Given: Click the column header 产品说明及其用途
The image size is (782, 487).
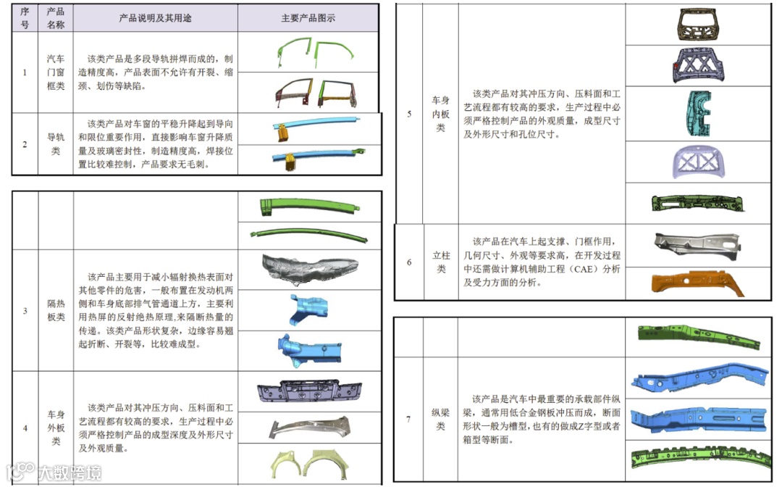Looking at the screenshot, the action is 155,18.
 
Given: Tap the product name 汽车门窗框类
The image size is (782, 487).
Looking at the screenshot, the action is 55,72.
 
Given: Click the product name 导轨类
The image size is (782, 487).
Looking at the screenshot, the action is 55,143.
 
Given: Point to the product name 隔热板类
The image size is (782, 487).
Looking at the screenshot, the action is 56,311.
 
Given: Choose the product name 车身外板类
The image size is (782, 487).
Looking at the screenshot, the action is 56,428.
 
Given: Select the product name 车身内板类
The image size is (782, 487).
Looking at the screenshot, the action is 440,114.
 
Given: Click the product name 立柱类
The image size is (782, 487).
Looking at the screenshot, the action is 440,262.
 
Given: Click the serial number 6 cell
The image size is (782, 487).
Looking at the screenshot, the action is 409,262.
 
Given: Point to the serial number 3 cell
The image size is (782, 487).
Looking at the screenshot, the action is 25,311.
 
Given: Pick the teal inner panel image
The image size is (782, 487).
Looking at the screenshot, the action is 697,117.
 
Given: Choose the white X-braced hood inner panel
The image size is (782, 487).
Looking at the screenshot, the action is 697,162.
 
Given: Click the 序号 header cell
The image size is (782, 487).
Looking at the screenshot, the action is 25,18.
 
